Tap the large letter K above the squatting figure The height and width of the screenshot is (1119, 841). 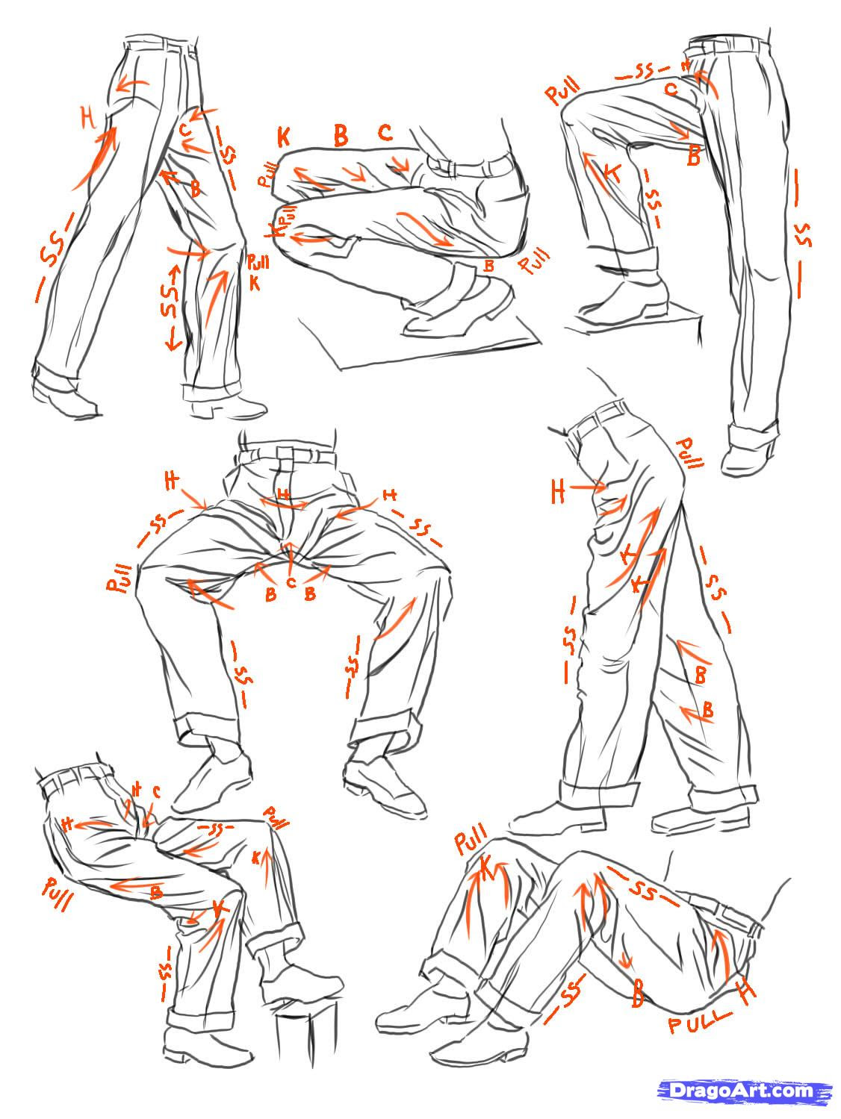[284, 137]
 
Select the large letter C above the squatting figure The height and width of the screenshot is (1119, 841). [385, 133]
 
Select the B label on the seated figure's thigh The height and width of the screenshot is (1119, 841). [156, 891]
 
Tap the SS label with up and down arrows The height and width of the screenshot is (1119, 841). [171, 306]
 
